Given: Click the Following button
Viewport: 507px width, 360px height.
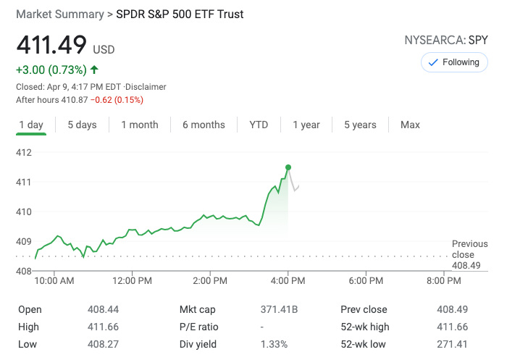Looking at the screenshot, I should [454, 62].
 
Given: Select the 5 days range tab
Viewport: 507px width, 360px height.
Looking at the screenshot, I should [82, 125].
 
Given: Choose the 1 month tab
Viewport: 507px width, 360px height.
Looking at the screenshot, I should [139, 125].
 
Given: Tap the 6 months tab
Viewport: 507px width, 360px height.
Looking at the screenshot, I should [204, 125].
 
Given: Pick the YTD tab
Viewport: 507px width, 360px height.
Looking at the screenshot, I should [259, 125].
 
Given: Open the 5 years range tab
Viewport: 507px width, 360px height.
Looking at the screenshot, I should [360, 125].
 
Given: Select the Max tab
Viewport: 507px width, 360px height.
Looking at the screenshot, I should [410, 125].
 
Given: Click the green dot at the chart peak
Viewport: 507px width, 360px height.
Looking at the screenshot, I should [288, 167].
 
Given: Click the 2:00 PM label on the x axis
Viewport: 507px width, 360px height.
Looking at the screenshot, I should [211, 280].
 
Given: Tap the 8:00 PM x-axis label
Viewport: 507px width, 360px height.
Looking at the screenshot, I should [444, 280].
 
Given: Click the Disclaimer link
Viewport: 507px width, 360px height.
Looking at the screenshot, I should [147, 87].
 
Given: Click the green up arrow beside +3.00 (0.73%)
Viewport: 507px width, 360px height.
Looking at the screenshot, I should [94, 70].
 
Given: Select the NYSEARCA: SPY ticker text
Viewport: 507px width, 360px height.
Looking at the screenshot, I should [446, 41].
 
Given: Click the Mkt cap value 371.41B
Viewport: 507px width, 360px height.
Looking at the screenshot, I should [279, 309].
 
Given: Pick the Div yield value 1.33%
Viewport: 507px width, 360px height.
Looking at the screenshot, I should [274, 344].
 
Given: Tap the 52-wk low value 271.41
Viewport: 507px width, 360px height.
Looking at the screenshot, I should [452, 344].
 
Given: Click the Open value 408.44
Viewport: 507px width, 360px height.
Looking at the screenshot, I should [102, 309].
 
